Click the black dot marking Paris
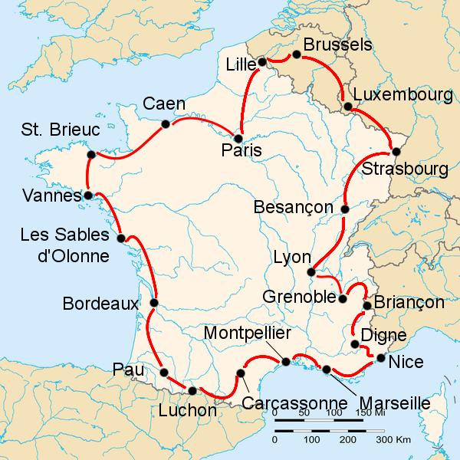click(238, 139)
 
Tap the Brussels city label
click(337, 44)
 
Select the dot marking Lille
click(261, 61)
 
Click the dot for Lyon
click(311, 272)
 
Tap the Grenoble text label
click(299, 296)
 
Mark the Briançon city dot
click(366, 306)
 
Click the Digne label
click(378, 334)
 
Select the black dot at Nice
click(380, 357)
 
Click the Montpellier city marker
click(286, 361)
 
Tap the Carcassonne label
click(295, 403)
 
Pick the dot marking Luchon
click(192, 391)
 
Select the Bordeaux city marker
click(154, 303)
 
